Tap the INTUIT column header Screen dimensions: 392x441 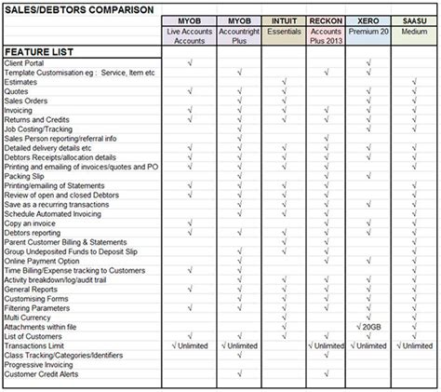[x=283, y=20]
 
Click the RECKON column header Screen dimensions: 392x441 [x=327, y=20]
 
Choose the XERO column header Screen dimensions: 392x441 [x=370, y=20]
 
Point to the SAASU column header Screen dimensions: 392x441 [x=414, y=20]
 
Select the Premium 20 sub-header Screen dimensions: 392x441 [x=370, y=32]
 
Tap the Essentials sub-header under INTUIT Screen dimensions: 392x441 [x=283, y=32]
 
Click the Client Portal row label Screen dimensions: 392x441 [x=27, y=62]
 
